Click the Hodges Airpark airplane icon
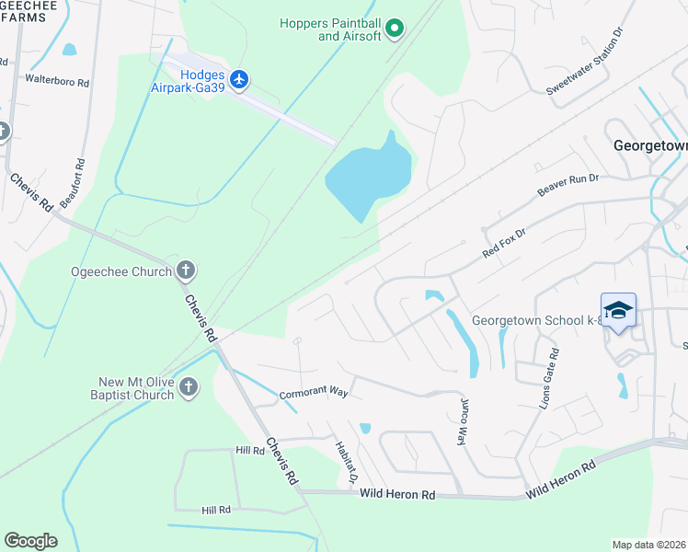point(240,80)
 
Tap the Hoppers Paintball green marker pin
point(395,29)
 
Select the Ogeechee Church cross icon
point(186,271)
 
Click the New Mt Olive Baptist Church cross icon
point(189,387)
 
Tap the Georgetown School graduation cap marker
point(619,311)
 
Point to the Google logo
point(30,540)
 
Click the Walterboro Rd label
point(56,82)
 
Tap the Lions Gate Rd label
point(549,378)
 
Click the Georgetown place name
point(649,145)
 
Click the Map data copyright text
point(649,545)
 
